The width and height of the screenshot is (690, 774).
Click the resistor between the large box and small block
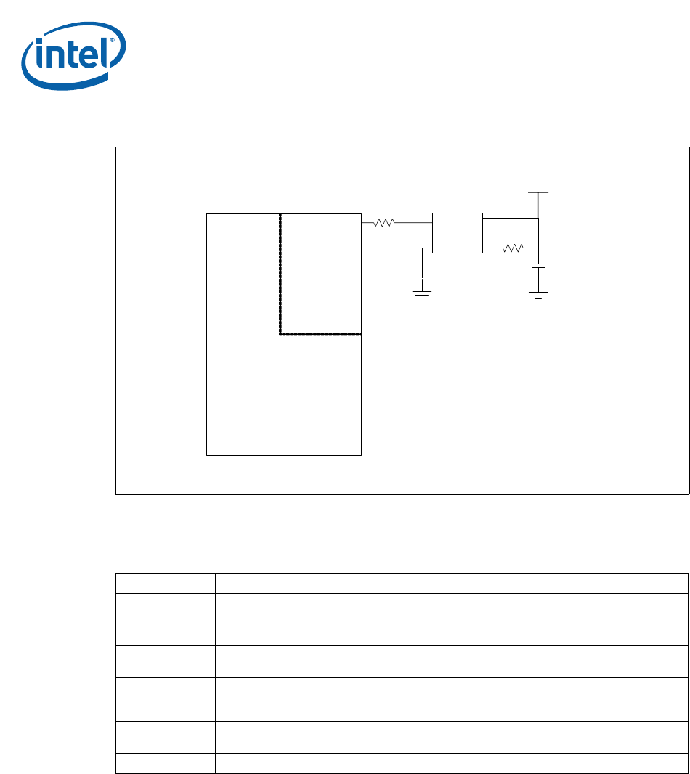(383, 223)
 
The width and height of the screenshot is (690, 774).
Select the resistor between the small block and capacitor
(513, 248)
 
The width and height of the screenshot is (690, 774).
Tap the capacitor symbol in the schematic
(538, 268)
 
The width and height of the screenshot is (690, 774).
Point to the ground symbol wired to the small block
(422, 293)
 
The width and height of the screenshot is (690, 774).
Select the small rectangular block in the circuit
(457, 232)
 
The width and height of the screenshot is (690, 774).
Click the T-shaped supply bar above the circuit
(538, 193)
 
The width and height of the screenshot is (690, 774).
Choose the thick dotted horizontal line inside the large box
(321, 335)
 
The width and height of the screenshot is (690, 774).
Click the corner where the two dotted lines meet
(280, 335)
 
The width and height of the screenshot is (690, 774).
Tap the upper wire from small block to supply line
(510, 218)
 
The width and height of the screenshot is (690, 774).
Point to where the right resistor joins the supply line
(538, 248)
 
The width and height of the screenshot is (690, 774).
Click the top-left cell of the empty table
(165, 583)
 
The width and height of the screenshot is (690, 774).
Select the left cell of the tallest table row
(165, 698)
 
